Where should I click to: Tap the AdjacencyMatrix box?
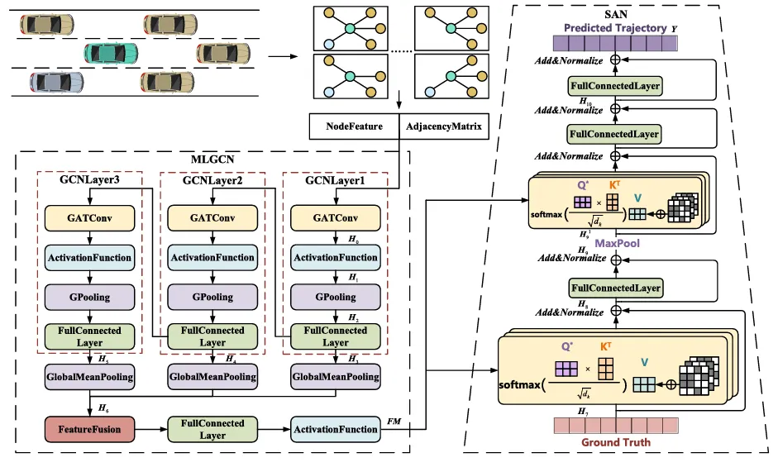point(443,127)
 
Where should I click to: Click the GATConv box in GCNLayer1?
point(335,218)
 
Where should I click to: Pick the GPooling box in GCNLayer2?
point(212,297)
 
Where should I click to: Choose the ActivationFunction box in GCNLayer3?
point(89,258)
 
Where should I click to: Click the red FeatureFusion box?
point(89,429)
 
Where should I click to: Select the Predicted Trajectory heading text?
point(615,28)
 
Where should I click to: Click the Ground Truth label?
point(615,442)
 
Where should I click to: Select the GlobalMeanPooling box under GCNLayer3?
point(89,376)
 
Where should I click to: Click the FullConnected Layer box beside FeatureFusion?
point(212,429)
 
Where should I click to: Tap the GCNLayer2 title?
point(212,179)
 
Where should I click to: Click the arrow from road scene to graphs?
point(283,56)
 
